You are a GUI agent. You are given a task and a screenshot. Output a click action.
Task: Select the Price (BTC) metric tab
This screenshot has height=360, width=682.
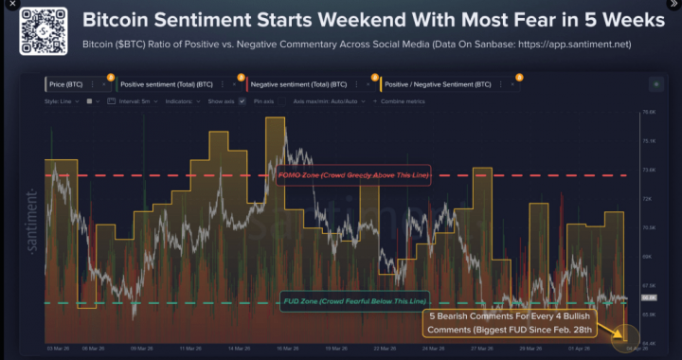[65, 84]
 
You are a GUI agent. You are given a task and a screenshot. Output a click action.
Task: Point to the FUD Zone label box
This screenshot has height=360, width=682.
[352, 301]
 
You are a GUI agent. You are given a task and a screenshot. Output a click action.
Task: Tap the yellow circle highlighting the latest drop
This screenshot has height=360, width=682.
[622, 334]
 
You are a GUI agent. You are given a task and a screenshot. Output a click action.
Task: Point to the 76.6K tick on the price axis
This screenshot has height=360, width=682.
[649, 113]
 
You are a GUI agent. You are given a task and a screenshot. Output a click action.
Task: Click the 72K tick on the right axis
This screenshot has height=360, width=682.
[649, 199]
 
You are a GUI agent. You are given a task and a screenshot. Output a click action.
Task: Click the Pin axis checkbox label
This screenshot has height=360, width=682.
[268, 100]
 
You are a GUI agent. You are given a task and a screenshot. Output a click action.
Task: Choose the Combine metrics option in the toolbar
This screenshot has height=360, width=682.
[405, 100]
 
